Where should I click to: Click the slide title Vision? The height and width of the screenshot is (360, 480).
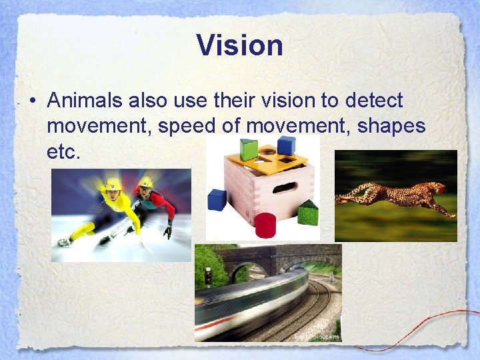pyautogui.click(x=240, y=45)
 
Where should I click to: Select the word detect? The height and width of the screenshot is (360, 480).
pyautogui.click(x=375, y=101)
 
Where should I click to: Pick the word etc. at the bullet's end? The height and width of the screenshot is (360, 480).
pyautogui.click(x=63, y=151)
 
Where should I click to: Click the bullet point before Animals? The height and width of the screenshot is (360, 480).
pyautogui.click(x=32, y=101)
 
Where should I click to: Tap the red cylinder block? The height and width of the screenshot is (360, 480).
pyautogui.click(x=265, y=225)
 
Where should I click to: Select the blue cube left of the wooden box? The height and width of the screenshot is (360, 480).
pyautogui.click(x=217, y=199)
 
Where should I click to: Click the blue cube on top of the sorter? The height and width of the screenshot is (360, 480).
pyautogui.click(x=287, y=145)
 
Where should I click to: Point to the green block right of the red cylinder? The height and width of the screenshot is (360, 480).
pyautogui.click(x=307, y=213)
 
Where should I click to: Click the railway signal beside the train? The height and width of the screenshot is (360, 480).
pyautogui.click(x=207, y=275)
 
